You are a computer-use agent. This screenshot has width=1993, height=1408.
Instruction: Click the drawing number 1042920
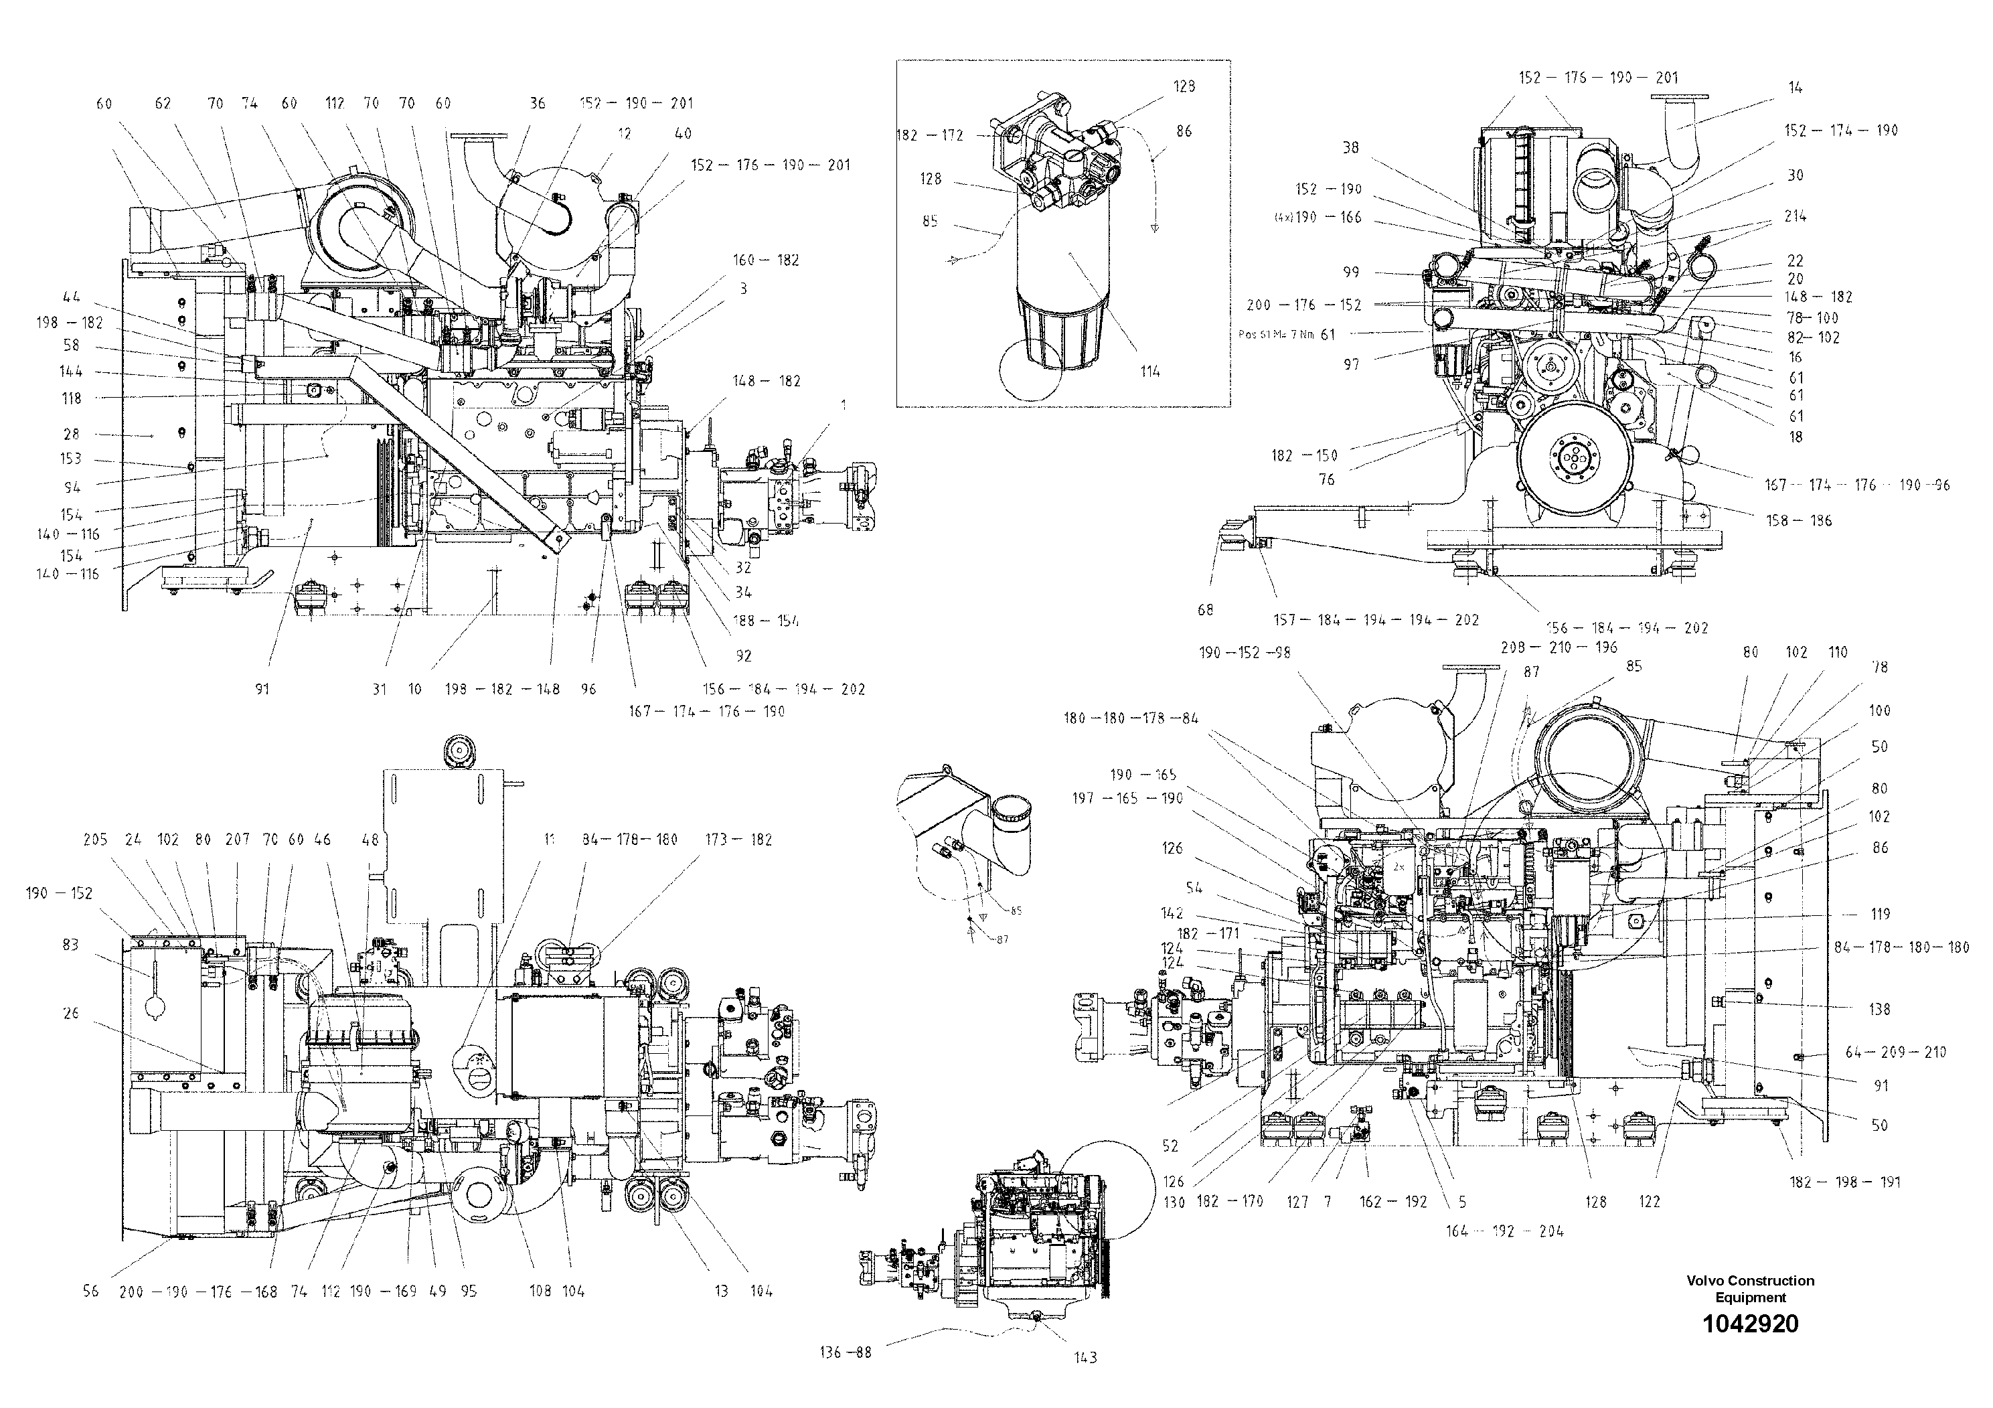point(1750,1324)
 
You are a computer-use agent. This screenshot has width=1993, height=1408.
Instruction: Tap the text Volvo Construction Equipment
point(1750,1288)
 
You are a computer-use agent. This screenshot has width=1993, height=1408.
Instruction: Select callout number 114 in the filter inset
point(1150,372)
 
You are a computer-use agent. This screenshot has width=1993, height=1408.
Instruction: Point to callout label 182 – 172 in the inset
point(930,135)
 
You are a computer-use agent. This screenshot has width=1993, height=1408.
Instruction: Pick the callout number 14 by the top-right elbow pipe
point(1795,88)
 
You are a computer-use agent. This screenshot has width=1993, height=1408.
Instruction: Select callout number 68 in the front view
point(1205,610)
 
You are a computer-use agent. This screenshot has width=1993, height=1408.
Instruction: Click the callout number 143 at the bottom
point(1085,1358)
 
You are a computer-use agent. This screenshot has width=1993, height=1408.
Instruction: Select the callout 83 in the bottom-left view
point(70,945)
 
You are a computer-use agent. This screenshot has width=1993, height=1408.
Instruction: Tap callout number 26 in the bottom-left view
point(70,1012)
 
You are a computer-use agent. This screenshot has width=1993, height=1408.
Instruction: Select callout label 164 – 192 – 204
point(1504,1231)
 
